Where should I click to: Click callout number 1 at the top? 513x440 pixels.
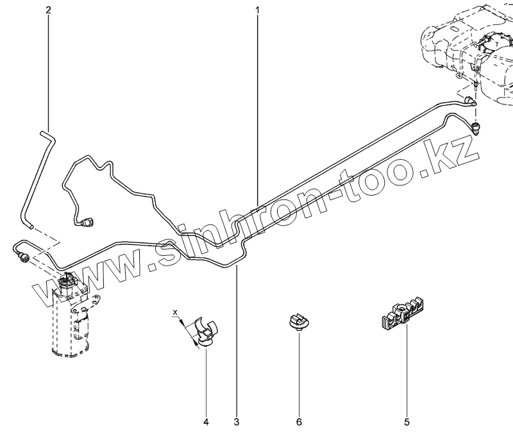[x=258, y=10]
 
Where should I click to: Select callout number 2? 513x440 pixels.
[x=48, y=10]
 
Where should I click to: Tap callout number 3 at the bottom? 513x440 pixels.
[x=237, y=422]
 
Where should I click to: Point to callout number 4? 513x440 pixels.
[x=206, y=422]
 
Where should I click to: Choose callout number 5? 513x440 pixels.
[x=407, y=422]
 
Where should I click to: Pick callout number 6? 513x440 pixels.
[x=299, y=422]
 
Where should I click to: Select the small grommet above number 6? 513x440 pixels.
[x=297, y=321]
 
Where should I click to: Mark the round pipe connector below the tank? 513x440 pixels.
[x=476, y=126]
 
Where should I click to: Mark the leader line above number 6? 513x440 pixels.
[x=299, y=372]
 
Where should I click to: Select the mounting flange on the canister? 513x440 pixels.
[x=94, y=300]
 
